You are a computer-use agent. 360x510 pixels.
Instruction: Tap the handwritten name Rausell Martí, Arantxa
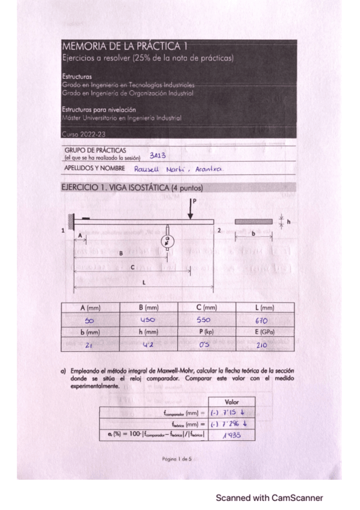[x=178, y=169]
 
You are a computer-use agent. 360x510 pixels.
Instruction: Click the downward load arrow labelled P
[x=191, y=209]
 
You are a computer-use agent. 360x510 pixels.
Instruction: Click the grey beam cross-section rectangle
[x=254, y=221]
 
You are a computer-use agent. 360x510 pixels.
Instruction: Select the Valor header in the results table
[x=231, y=401]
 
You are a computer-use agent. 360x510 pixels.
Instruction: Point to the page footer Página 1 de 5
[x=180, y=459]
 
